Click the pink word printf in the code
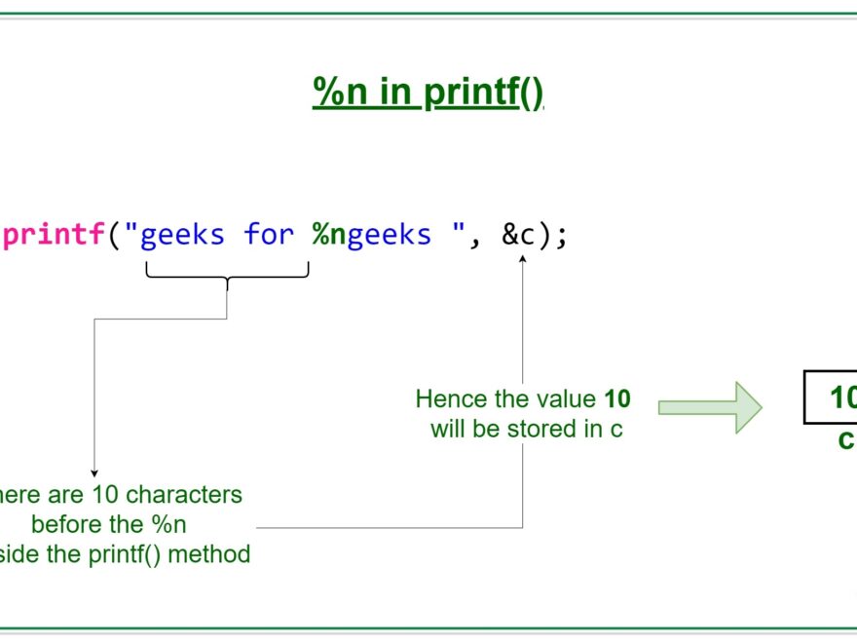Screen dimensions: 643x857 coord(54,235)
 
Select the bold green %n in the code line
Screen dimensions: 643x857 coord(329,235)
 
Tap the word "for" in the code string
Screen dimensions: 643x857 coord(269,235)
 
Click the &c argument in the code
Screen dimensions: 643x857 coord(523,235)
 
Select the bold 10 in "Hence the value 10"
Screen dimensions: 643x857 coord(617,398)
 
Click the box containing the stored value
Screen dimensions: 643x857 coord(831,397)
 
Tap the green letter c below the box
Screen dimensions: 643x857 coord(846,440)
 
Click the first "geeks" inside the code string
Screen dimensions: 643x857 coord(182,235)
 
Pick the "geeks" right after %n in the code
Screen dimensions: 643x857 coord(389,235)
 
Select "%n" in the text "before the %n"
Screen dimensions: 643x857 coord(168,524)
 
